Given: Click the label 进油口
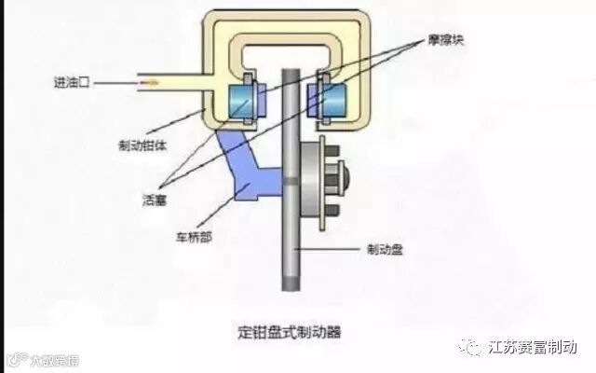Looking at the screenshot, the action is [x=72, y=82].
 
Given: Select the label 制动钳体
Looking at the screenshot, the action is [x=141, y=145].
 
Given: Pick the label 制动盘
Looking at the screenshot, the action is [x=385, y=249].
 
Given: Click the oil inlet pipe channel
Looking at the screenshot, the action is [x=177, y=83].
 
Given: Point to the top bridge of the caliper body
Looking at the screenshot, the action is [x=289, y=21].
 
